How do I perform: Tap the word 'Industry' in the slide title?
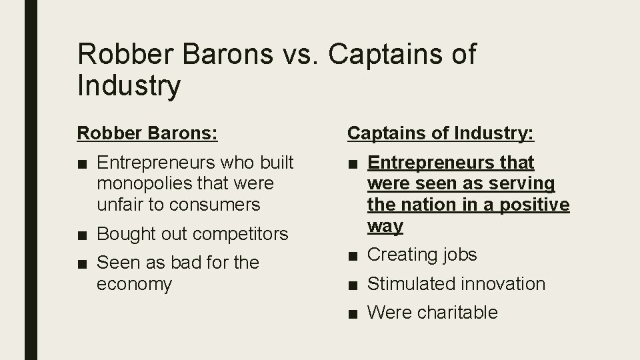(x=129, y=86)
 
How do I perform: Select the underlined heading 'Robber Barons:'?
(x=147, y=133)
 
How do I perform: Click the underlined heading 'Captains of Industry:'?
(x=441, y=133)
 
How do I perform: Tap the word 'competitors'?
(x=240, y=234)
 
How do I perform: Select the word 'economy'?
(x=134, y=284)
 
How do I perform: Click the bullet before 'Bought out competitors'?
(x=83, y=234)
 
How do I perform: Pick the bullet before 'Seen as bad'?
(x=83, y=263)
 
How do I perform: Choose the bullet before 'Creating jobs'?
(x=353, y=255)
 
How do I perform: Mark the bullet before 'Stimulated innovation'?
(x=353, y=284)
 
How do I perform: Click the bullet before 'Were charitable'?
(x=353, y=313)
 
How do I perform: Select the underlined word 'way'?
(x=385, y=227)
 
